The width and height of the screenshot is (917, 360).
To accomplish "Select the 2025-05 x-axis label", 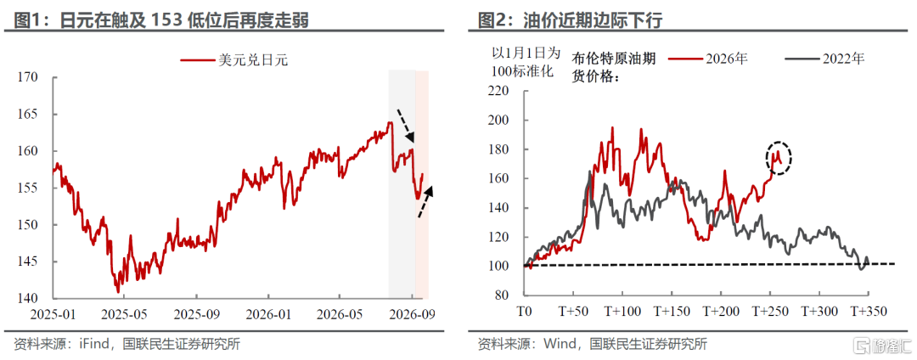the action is pyautogui.click(x=124, y=314).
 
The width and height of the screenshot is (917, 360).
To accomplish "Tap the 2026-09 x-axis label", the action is pyautogui.click(x=412, y=314).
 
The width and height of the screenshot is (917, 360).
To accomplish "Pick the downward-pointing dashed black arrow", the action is pyautogui.click(x=405, y=126).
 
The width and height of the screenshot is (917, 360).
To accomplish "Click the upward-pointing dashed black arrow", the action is pyautogui.click(x=425, y=201).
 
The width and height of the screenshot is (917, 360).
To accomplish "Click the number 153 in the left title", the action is pyautogui.click(x=166, y=20).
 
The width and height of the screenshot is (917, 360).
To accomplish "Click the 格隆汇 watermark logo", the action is pyautogui.click(x=883, y=343).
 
